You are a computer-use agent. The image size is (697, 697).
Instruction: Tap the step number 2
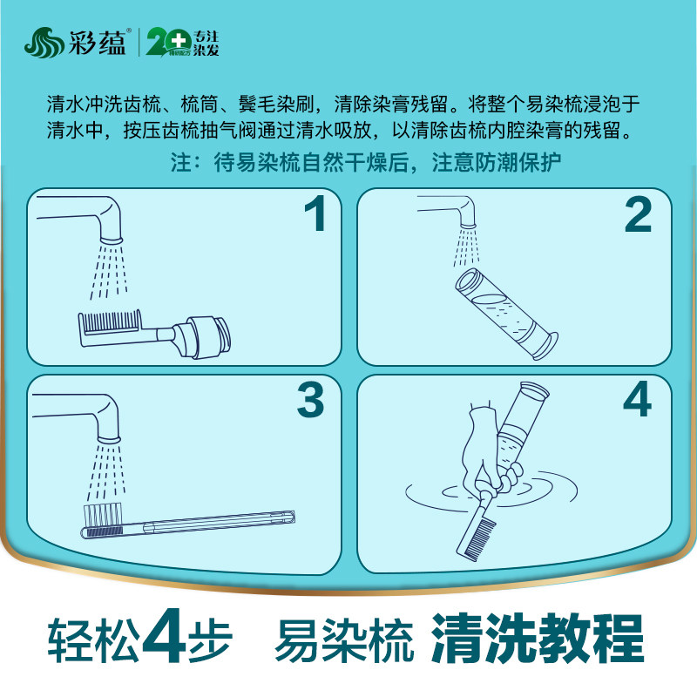638,214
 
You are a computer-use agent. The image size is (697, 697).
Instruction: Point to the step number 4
638,400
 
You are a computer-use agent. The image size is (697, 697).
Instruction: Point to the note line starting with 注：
365,164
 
